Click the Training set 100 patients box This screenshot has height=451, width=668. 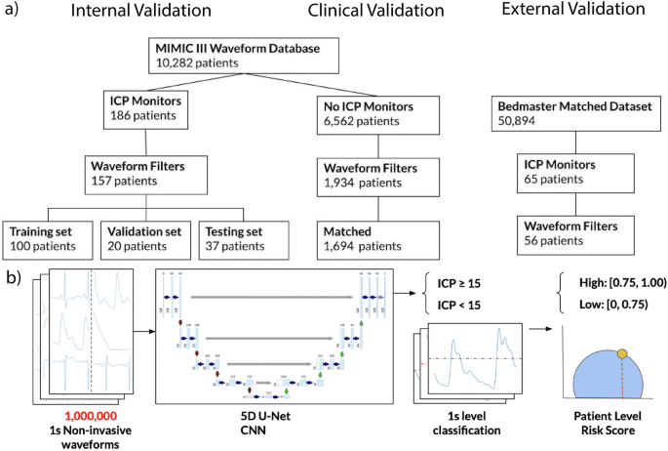point(49,239)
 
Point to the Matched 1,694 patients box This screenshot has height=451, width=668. point(363,239)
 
